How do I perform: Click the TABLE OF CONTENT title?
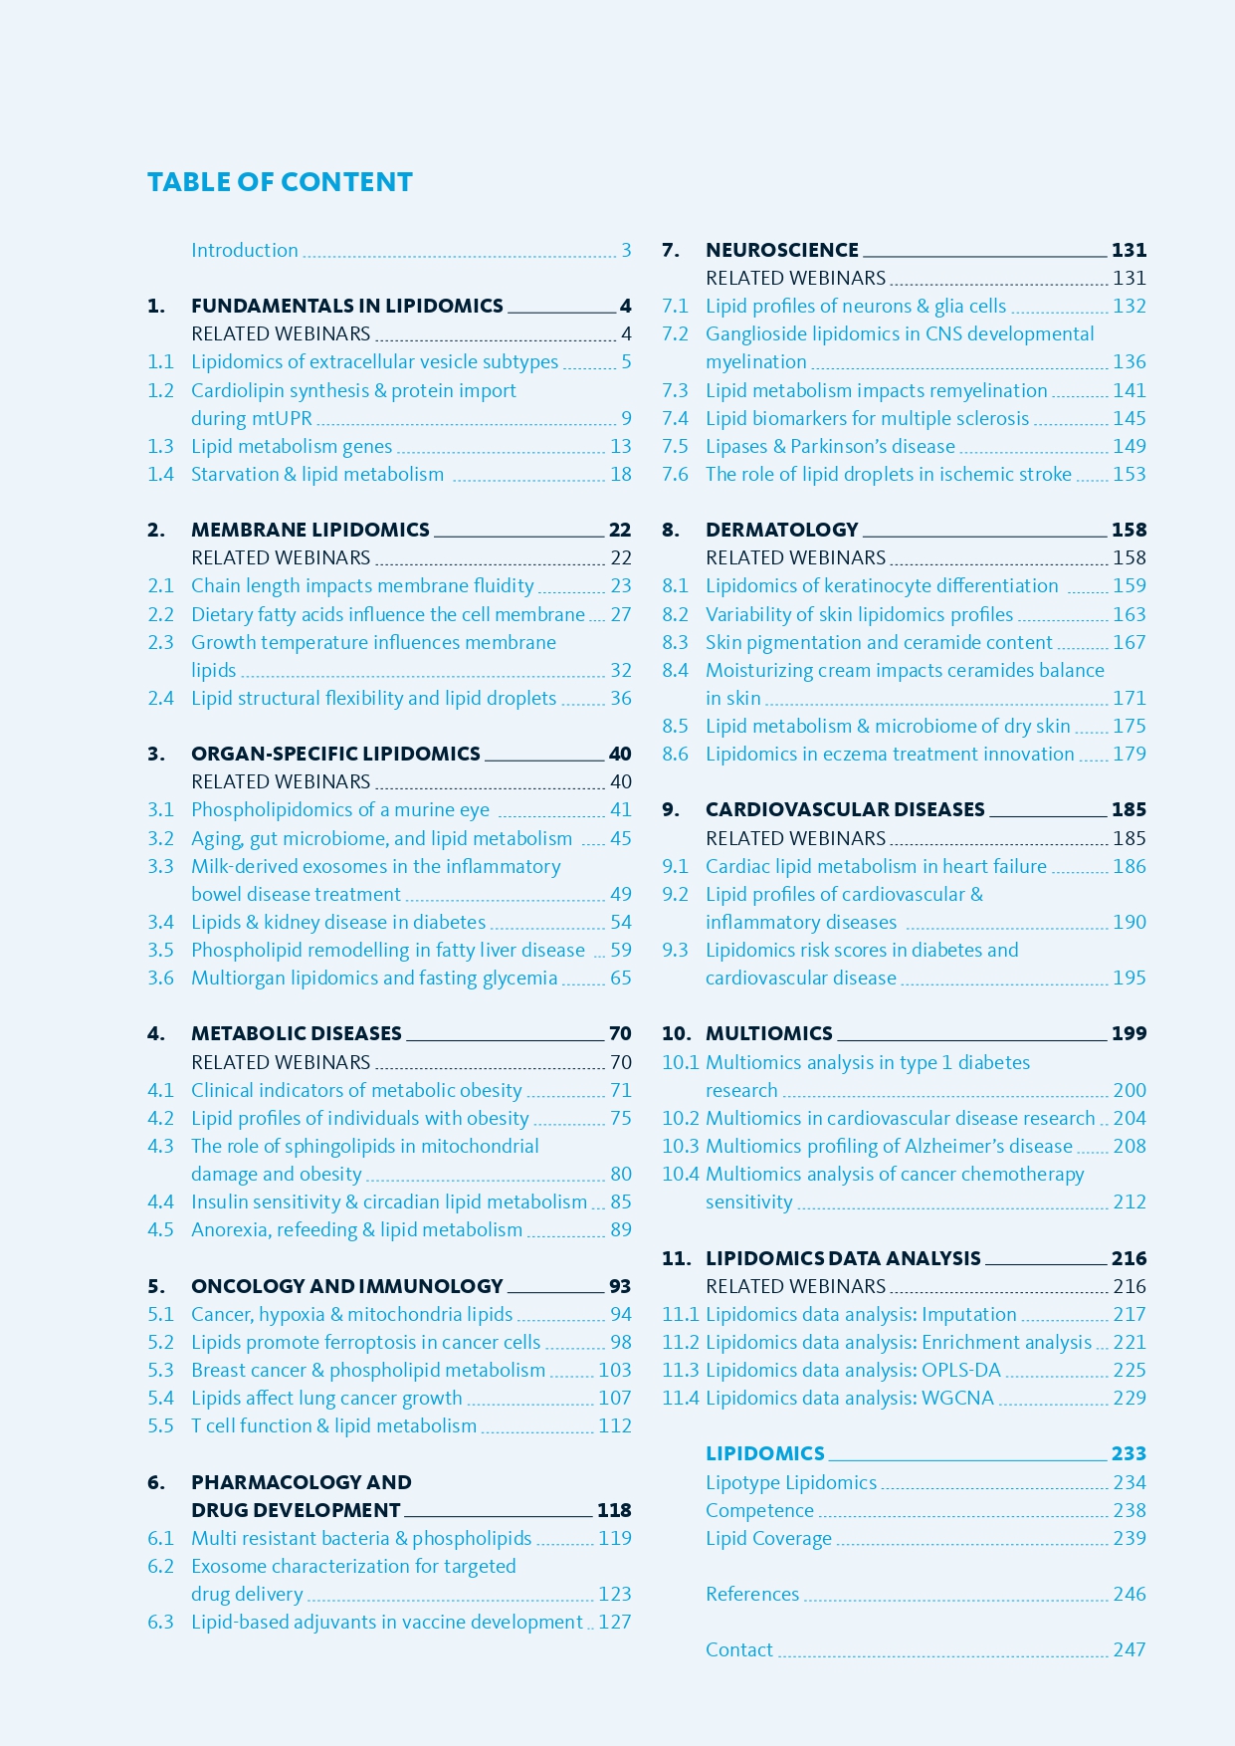[x=280, y=182]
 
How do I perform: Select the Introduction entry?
[x=244, y=250]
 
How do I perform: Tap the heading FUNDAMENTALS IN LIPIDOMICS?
[x=346, y=306]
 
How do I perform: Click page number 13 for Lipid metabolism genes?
[x=620, y=446]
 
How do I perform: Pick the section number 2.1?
[x=160, y=585]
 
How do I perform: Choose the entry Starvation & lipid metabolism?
[x=317, y=474]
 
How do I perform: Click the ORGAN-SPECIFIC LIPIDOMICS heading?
[x=335, y=754]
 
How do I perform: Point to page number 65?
[x=620, y=978]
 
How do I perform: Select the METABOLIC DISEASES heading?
[x=296, y=1033]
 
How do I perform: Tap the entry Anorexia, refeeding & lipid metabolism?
[x=356, y=1229]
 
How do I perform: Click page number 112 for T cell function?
[x=614, y=1425]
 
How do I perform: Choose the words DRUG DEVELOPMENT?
[x=296, y=1510]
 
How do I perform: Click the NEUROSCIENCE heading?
[x=781, y=250]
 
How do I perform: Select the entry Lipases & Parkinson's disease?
[x=830, y=446]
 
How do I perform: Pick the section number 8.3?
[x=675, y=642]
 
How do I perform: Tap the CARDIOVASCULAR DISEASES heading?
[x=845, y=809]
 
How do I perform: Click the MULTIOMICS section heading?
[x=768, y=1033]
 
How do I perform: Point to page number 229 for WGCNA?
[x=1130, y=1398]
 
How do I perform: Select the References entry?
[x=751, y=1594]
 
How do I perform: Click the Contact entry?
[x=738, y=1649]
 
